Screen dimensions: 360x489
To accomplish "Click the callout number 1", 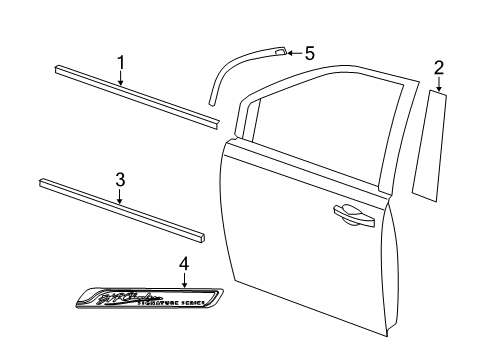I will click(121, 63).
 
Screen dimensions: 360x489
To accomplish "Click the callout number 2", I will click(438, 68).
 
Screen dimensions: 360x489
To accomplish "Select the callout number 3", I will click(120, 180).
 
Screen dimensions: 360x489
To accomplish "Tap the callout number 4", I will click(183, 264).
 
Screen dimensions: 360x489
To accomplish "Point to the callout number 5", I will click(309, 53).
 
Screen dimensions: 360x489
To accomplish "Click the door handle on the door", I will click(345, 209).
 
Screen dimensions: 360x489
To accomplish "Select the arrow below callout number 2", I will click(439, 86).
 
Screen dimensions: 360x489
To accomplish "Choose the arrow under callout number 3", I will click(120, 197).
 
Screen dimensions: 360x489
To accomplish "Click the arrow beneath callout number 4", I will click(184, 280).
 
